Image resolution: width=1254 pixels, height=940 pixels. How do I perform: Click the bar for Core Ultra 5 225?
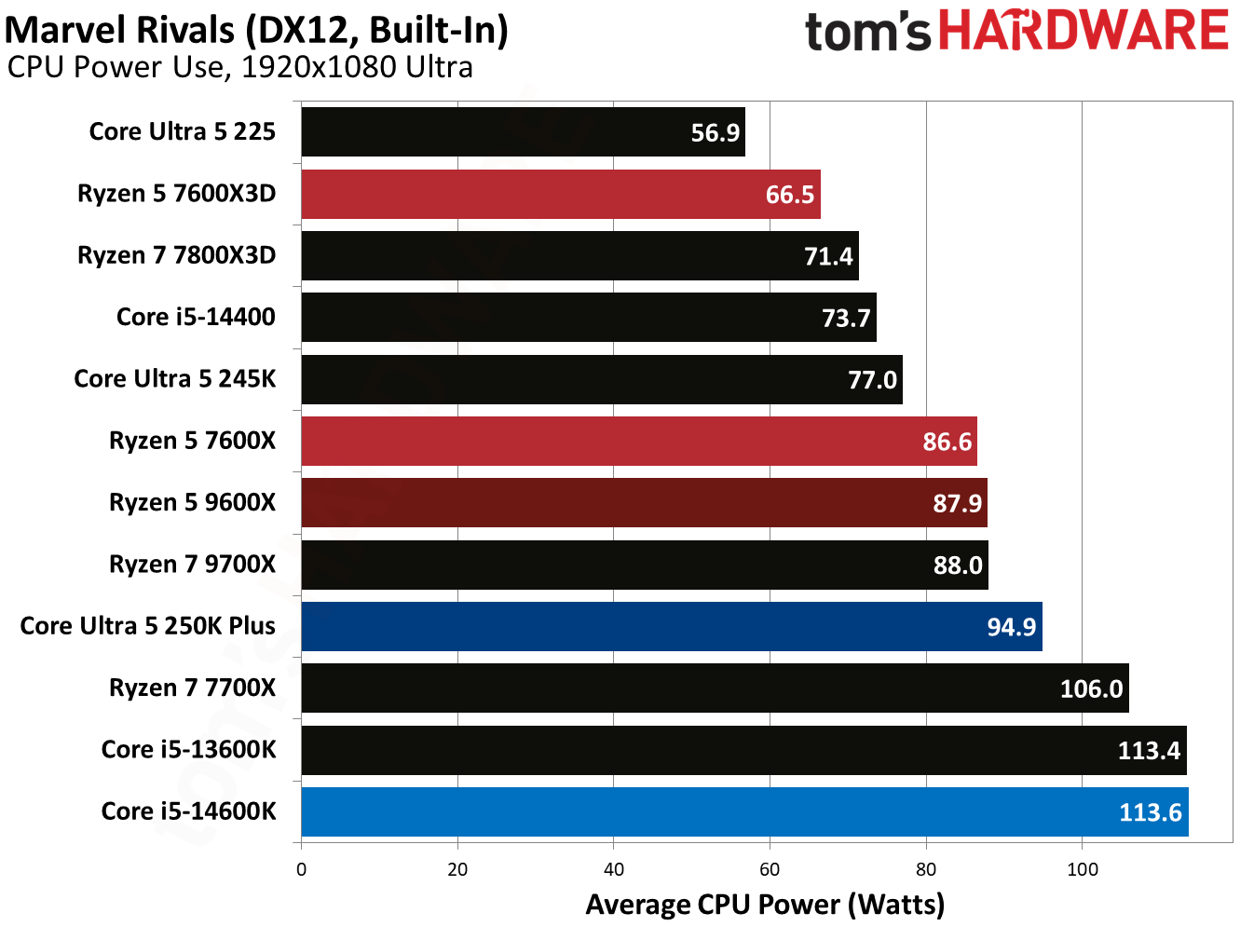pos(522,132)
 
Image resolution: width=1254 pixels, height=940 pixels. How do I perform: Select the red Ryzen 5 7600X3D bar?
pos(559,194)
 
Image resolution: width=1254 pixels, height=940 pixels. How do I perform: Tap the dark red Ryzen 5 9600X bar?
pos(643,503)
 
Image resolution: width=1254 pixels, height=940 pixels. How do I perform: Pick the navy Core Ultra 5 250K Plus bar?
pos(671,626)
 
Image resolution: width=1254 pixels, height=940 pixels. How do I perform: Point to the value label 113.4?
pos(1149,751)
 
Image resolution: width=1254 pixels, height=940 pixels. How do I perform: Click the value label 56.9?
pos(715,133)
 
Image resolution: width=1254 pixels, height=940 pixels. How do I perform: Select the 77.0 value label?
pos(872,380)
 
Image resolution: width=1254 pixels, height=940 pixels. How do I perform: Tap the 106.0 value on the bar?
pos(1091,689)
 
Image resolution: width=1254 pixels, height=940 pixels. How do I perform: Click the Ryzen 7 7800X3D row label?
pos(176,255)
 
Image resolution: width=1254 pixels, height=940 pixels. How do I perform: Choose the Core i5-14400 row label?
pos(196,317)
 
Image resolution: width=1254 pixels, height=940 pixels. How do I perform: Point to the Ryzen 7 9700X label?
pos(192,565)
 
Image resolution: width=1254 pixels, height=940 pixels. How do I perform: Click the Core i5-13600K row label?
pos(188,750)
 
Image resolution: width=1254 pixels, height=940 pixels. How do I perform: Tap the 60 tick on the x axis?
pos(770,870)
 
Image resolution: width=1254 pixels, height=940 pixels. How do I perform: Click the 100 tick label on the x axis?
pos(1082,870)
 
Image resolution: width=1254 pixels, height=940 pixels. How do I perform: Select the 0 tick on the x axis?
pos(301,870)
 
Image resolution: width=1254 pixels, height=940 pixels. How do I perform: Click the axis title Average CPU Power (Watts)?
pos(765,905)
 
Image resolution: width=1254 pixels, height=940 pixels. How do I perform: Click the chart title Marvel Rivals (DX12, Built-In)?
pos(256,30)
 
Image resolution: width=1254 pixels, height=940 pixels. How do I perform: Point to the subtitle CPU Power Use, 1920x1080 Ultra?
pos(240,68)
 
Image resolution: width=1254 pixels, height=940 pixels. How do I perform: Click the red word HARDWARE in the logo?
pos(1083,31)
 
